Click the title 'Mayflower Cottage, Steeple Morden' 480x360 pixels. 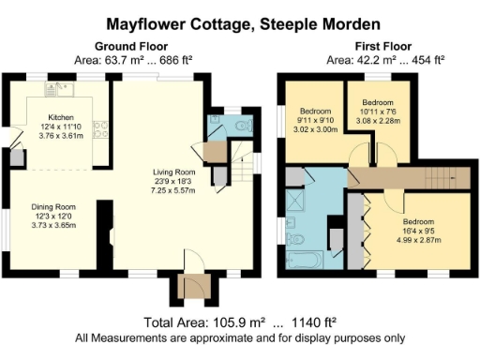pyautogui.click(x=240, y=20)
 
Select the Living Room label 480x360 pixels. pyautogui.click(x=173, y=172)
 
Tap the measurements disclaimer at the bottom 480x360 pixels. pyautogui.click(x=240, y=337)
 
